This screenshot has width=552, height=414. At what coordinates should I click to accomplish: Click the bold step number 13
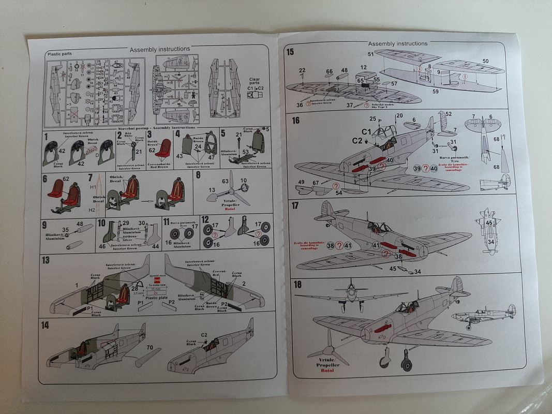click(46, 260)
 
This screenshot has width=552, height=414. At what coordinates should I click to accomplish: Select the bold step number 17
click(296, 205)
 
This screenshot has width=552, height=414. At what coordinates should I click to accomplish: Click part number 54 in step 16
click(339, 193)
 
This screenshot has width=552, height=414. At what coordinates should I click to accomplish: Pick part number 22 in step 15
click(302, 70)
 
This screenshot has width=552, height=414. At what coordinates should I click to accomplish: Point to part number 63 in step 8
click(226, 182)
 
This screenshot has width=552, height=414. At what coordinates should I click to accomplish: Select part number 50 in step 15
click(485, 61)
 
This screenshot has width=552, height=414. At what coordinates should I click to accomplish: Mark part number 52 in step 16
click(449, 114)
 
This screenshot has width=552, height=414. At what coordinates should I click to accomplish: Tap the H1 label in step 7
click(93, 187)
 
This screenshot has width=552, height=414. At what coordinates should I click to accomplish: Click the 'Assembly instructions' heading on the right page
click(398, 43)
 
